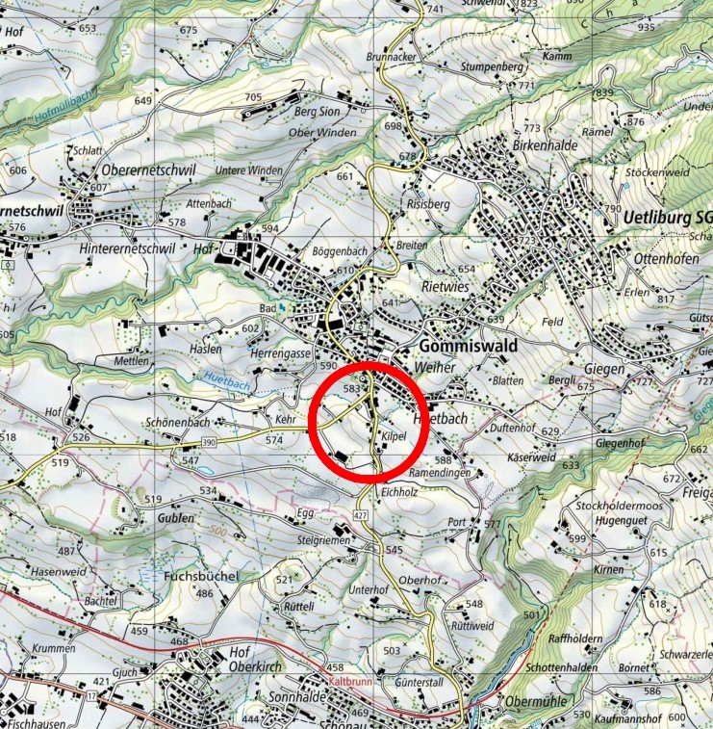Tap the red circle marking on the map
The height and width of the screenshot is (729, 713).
point(367,421)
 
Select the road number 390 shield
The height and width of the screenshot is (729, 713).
point(209,442)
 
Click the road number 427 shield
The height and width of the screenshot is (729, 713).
point(362,517)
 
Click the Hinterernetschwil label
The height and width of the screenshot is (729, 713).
point(142,247)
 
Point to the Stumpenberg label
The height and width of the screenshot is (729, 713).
point(491,67)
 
